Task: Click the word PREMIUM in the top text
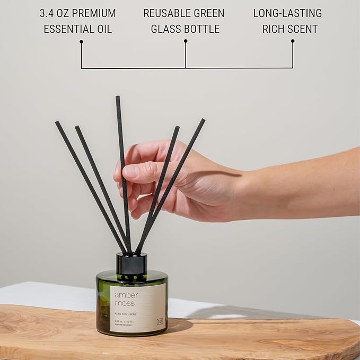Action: pos(94,13)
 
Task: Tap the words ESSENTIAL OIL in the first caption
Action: pos(77,29)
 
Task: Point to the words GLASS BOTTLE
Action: pos(185,29)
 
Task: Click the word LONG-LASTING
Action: pos(287,13)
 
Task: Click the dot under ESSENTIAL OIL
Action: pos(81,41)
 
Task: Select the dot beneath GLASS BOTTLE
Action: pos(186,41)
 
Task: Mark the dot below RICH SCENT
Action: pos(293,41)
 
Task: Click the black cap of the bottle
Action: pos(131,264)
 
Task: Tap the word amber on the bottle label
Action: pos(126,295)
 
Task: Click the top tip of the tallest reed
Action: pos(118,98)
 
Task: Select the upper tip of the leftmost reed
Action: pos(57,123)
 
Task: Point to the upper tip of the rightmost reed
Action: pos(203,120)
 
